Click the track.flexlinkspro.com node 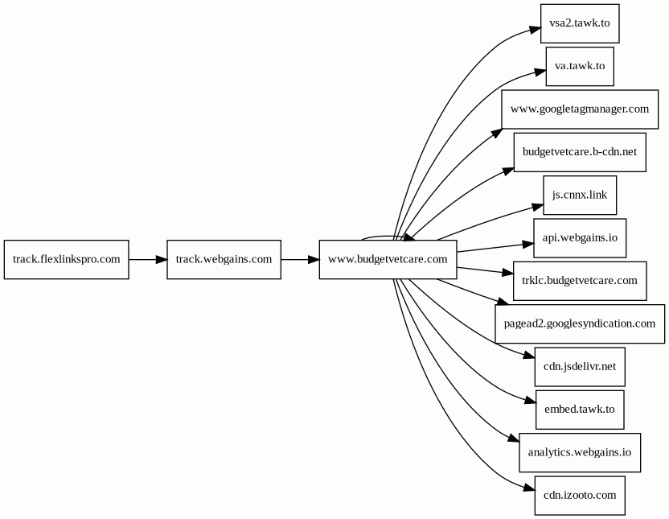66,259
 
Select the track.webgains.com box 224,259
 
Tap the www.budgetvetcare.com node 388,259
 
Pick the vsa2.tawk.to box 580,23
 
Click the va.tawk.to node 580,66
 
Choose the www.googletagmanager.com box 580,109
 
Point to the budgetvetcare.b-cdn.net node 580,152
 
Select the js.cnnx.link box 580,195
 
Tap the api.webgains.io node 580,238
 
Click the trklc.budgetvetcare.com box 580,281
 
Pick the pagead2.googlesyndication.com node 580,324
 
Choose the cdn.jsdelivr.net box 580,367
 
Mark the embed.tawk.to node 580,410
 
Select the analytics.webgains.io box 580,452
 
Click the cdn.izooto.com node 580,496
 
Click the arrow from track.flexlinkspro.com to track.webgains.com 148,259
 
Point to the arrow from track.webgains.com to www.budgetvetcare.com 301,259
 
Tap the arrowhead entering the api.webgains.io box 528,245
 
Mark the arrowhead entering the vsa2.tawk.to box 535,31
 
